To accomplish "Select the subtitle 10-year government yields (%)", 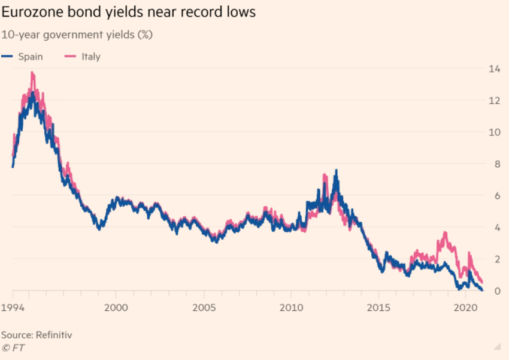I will tap(77, 35).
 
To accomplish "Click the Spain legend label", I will tap(30, 56).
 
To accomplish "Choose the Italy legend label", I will tap(91, 56).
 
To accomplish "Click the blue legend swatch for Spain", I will tap(7, 56).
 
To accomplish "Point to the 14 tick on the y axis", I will tap(495, 69).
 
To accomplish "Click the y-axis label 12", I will tap(495, 101).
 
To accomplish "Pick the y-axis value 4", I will tap(495, 228).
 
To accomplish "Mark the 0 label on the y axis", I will tap(495, 291).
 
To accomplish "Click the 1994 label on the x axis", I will tap(13, 307).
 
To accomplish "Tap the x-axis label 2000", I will tap(116, 307).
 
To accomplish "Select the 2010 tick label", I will tap(290, 307).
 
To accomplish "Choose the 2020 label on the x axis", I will tap(465, 307).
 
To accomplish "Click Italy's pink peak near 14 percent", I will tap(32, 73).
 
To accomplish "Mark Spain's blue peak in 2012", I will tap(336, 171).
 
